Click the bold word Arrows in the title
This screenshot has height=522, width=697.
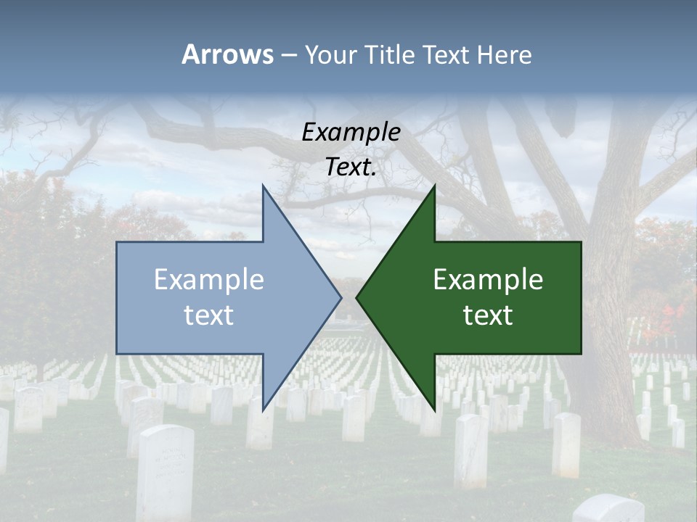pos(228,54)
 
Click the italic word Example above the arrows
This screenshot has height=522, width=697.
pos(351,132)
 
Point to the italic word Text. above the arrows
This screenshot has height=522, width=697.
pos(351,167)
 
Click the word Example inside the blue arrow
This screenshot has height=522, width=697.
pos(208,280)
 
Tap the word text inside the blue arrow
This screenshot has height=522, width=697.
pos(208,315)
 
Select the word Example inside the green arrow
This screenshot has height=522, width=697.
pos(488,280)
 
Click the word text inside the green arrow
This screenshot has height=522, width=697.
pos(488,315)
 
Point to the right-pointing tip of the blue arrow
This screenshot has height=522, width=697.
pos(341,297)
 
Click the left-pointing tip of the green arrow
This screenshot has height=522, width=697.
pos(356,297)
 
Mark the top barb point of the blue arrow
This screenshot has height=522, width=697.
pos(263,186)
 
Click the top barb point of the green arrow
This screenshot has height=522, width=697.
pos(434,186)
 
